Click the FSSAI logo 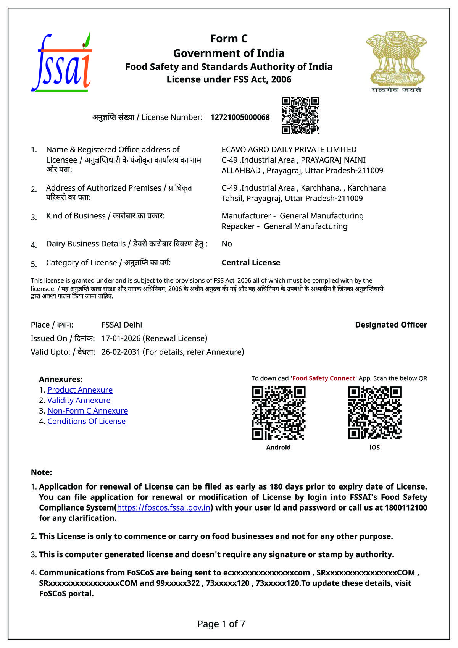coord(61,62)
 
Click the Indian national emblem coord(397,61)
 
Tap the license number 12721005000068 coord(240,117)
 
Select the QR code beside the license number coord(300,115)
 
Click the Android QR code coord(279,413)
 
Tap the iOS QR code coord(374,413)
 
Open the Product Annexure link coord(80,390)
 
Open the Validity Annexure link coord(79,400)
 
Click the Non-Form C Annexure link coord(87,411)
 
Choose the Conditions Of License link coord(86,421)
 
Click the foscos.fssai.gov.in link coord(164,507)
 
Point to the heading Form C coord(229,39)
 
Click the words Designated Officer coord(391,325)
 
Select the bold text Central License coord(251,263)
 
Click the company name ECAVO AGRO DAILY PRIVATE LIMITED coord(289,150)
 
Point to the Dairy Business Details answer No coord(227,244)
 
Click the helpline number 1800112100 coord(406,507)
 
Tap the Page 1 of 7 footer coord(221,624)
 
